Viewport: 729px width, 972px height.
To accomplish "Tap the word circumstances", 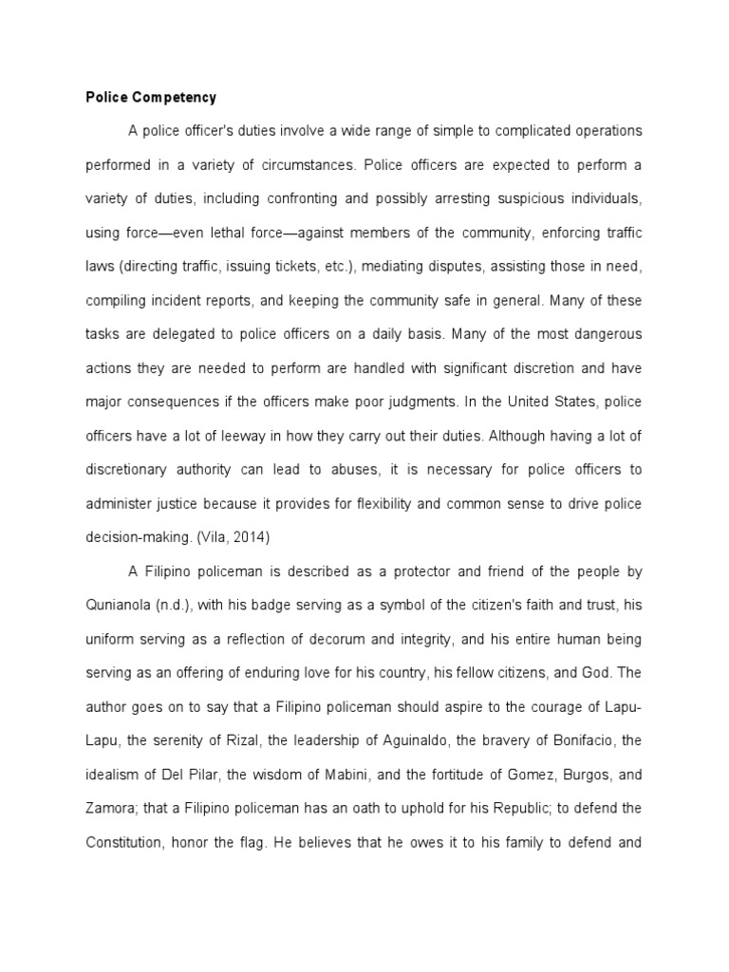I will point(298,164).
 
